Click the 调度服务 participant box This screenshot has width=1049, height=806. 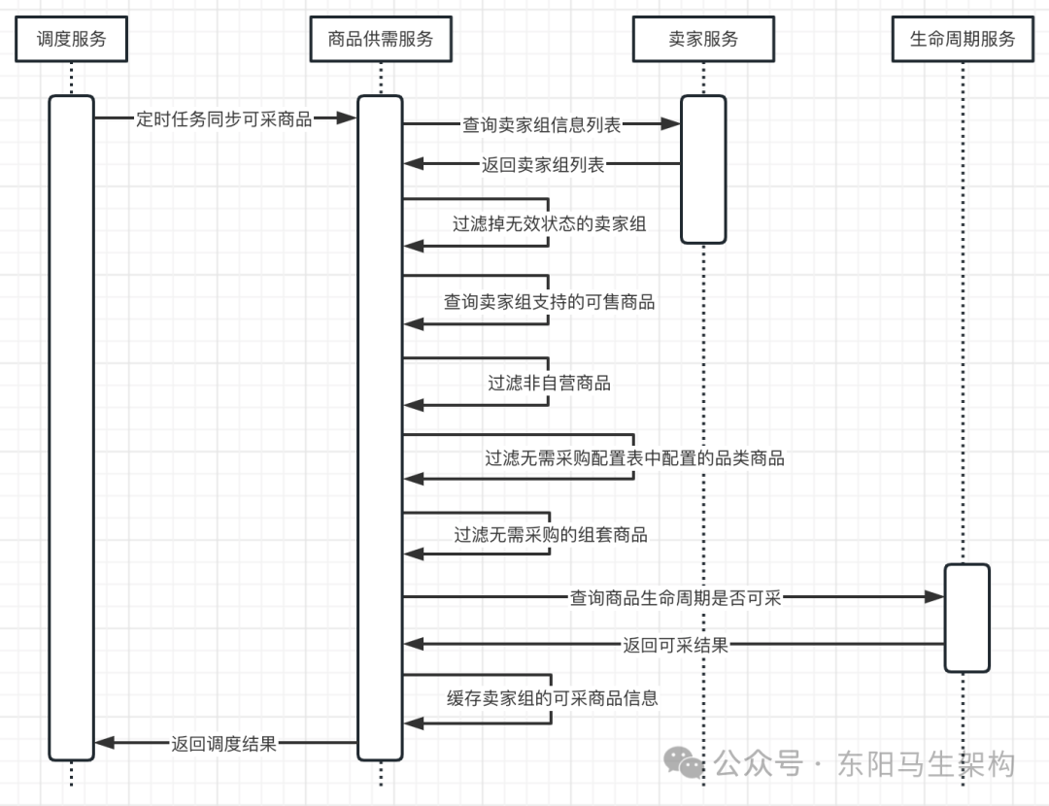pos(72,40)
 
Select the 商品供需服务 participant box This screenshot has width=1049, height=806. pos(380,40)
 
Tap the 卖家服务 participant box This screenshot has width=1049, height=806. pos(703,40)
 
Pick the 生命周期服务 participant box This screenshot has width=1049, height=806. pos(963,40)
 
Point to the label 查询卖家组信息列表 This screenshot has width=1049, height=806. pos(542,124)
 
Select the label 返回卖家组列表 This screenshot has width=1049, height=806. pos(543,165)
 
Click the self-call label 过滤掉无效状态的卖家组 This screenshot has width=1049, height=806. pos(550,223)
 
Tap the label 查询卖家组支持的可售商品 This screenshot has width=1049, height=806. pos(550,302)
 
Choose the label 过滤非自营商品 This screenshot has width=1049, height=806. pos(550,383)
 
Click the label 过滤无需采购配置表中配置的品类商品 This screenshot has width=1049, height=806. pos(635,457)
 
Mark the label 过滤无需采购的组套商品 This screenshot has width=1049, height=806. pos(551,534)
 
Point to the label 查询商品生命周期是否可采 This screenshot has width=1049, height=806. pos(676,598)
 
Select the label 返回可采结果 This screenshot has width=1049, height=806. pos(676,644)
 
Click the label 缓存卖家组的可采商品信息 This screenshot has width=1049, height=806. pos(553,698)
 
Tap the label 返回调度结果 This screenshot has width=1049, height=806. pos(224,744)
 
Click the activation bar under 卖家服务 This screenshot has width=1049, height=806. pos(703,169)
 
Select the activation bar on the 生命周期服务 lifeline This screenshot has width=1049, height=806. pos(966,618)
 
